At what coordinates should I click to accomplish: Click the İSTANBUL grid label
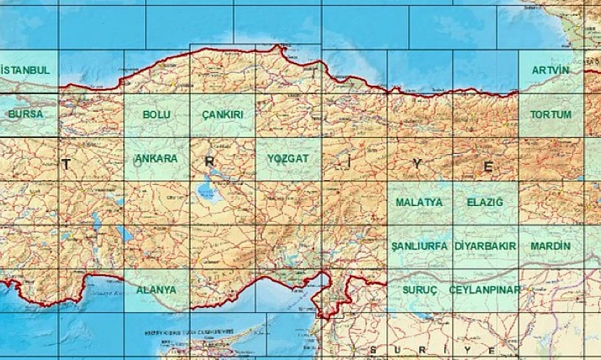[x=26, y=70]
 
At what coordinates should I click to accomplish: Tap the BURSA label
[x=26, y=114]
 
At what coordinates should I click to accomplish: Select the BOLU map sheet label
[x=157, y=114]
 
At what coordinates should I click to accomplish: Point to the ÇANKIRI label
[x=222, y=114]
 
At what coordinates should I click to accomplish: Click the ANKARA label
[x=156, y=158]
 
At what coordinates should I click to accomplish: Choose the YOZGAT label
[x=287, y=158]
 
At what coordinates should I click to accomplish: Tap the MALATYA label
[x=419, y=202]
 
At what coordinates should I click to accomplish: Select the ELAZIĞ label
[x=485, y=202]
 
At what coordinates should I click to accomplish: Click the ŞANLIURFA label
[x=419, y=246]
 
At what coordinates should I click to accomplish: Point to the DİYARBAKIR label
[x=485, y=246]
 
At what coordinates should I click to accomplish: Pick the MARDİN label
[x=550, y=246]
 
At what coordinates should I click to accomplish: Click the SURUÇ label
[x=419, y=289]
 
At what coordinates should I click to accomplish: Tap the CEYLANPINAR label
[x=485, y=289]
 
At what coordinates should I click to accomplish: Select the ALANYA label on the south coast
[x=156, y=289]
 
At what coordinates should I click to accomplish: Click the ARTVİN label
[x=550, y=70]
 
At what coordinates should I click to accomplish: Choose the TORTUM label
[x=550, y=114]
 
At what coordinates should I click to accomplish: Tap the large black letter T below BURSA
[x=66, y=165]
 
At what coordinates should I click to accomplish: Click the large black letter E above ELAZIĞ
[x=488, y=167]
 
